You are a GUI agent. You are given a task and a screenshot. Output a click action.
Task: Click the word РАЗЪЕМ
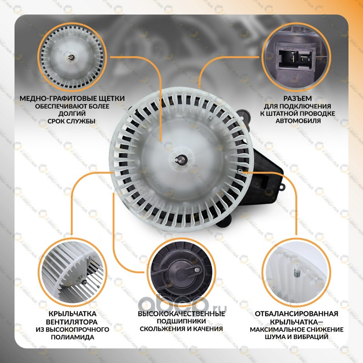pyautogui.click(x=298, y=98)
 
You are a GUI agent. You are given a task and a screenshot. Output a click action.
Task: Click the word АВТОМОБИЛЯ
pyautogui.click(x=298, y=121)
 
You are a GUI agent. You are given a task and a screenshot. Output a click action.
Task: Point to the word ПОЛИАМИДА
pyautogui.click(x=73, y=337)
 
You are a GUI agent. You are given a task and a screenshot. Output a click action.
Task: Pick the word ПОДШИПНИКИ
pyautogui.click(x=181, y=321)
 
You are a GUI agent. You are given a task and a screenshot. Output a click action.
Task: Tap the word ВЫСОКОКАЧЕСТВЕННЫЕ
pyautogui.click(x=181, y=314)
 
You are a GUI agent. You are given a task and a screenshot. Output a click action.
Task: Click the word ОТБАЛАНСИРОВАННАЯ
pyautogui.click(x=297, y=314)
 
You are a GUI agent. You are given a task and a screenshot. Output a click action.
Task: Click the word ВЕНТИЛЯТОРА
pyautogui.click(x=72, y=322)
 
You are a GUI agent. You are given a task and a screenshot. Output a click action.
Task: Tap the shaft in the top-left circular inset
pyautogui.click(x=72, y=57)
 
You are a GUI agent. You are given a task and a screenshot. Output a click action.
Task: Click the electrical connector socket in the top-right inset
pyautogui.click(x=296, y=59)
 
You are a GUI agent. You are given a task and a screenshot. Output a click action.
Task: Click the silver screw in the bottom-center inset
pyautogui.click(x=197, y=270)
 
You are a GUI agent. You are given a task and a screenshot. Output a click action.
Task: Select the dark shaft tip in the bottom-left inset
pyautogui.click(x=84, y=282)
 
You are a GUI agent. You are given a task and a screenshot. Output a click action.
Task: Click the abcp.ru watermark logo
pyautogui.click(x=182, y=304)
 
